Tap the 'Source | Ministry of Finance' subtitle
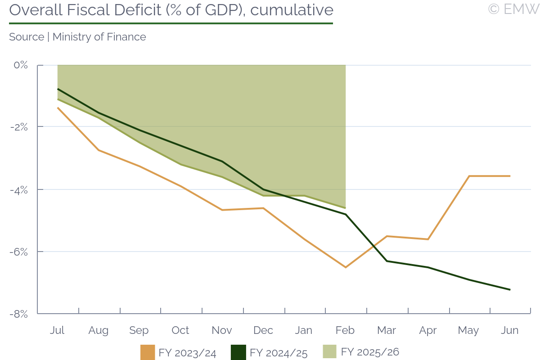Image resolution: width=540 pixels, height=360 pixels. pos(77,37)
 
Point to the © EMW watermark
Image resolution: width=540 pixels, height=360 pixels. pos(513,9)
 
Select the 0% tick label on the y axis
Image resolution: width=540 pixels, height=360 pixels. pos(21,65)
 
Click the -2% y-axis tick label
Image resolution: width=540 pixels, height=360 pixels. pos(19,127)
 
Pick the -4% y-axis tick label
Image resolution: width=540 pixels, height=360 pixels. pos(19,189)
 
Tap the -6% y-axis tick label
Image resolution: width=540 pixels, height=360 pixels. pos(19,252)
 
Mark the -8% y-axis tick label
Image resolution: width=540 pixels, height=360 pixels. pos(19,314)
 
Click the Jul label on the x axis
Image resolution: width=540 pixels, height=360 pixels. pos(57,330)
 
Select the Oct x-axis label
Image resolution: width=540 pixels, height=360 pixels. pos(180,330)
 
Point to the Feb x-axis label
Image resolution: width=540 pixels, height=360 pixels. pos(345,330)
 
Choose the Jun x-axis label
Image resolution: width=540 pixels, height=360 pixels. pos(510,330)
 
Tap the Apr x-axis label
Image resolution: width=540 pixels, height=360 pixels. pos(427,330)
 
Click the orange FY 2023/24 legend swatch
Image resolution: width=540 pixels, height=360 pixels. pos(148,352)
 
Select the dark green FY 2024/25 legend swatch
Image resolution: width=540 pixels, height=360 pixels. pos(238,352)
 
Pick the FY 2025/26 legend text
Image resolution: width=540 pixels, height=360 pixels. pos(370,352)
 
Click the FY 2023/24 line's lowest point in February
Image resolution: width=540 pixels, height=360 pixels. pos(345,267)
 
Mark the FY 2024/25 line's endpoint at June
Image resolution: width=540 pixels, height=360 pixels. pos(510,289)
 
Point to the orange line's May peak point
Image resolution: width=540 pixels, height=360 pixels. pos(469,176)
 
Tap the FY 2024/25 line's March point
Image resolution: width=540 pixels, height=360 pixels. pos(387,261)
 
